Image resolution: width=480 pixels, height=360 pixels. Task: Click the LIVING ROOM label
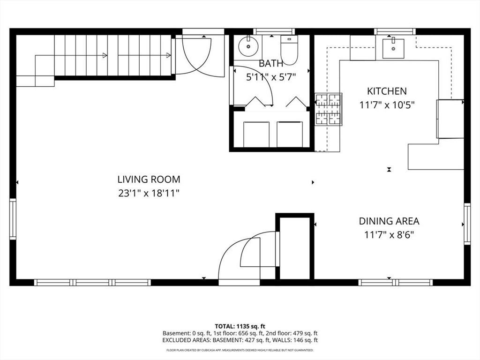tap(149, 179)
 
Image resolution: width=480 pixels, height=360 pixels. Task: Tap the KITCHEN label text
tap(387, 91)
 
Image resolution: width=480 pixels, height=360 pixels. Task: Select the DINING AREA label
tap(389, 221)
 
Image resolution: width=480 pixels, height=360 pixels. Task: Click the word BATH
tap(271, 63)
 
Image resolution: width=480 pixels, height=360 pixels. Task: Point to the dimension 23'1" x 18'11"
tap(149, 194)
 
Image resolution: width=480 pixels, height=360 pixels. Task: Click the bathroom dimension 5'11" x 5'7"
tap(271, 77)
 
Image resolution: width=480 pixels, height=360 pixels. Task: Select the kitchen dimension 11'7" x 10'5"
tap(387, 105)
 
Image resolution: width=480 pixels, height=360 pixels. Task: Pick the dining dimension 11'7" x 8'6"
tap(389, 235)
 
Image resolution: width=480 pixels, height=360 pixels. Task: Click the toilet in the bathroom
tap(289, 50)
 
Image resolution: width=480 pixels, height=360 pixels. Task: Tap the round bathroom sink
tap(248, 46)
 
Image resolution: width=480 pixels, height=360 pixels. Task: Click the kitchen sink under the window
tap(393, 48)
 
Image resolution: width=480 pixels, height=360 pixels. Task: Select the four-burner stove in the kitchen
tap(329, 109)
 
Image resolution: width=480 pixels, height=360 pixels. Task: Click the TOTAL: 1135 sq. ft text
tap(240, 326)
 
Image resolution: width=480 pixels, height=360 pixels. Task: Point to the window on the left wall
tap(13, 219)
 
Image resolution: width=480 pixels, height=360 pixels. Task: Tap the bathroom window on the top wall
tap(274, 31)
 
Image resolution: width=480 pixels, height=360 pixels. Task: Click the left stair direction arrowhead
tap(105, 55)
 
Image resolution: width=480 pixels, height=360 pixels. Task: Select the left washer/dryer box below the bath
tap(256, 135)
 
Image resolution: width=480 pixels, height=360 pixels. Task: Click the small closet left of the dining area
tap(295, 248)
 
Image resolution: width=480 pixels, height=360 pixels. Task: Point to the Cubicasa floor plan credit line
tap(240, 350)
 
